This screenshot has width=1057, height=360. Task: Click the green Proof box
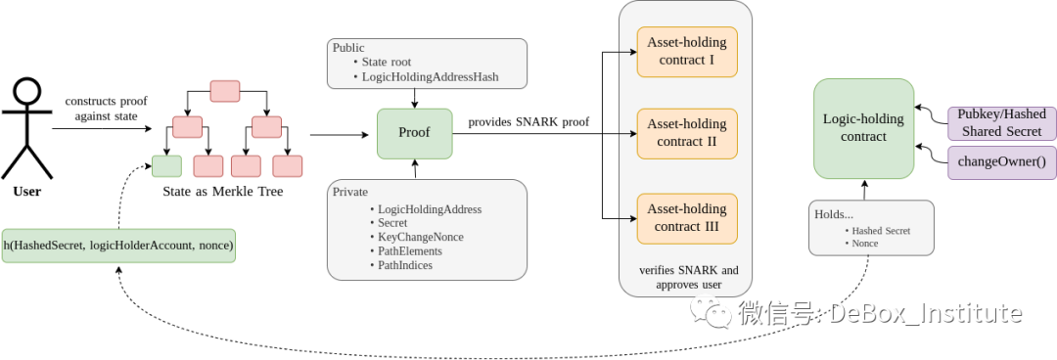coord(415,133)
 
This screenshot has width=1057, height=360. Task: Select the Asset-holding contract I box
coord(686,52)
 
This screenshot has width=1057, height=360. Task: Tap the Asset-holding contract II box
coord(686,133)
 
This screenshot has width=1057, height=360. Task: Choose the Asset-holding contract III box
coord(686,217)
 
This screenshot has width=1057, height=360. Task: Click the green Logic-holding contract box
coord(863,128)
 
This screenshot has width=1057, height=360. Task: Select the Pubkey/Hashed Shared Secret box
coord(1002,122)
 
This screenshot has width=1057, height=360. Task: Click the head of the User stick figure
coord(26,95)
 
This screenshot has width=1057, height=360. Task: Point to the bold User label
coord(26,192)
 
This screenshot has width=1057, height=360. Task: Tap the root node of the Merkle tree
coord(225,91)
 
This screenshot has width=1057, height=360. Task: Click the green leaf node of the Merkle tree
coord(166,165)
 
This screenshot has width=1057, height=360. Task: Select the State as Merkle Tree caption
coord(223,192)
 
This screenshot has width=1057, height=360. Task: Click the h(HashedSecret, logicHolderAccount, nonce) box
coord(118,246)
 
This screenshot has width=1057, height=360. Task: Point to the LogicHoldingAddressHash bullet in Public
coord(438,75)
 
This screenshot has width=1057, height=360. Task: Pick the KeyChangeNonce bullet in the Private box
coord(421,237)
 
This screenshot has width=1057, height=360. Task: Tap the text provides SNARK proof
coord(528,121)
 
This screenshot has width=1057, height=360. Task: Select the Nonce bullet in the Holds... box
coord(864,243)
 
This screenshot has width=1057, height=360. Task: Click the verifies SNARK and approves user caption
coord(688,277)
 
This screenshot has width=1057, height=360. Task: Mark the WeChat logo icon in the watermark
coord(712,313)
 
